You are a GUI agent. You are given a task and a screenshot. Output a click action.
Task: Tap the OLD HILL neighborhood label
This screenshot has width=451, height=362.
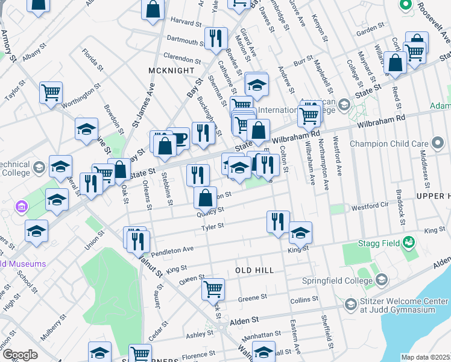(x=254, y=270)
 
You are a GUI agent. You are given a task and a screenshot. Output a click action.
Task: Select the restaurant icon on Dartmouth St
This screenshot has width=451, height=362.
(x=215, y=38)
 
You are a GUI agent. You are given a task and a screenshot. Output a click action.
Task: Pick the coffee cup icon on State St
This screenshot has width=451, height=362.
(x=178, y=138)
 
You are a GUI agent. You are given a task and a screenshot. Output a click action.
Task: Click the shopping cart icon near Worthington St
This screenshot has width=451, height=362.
(x=51, y=92)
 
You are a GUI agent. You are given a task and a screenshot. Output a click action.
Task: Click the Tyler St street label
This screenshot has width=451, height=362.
(x=213, y=227)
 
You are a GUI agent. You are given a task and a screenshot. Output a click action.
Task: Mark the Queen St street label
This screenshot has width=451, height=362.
(x=192, y=279)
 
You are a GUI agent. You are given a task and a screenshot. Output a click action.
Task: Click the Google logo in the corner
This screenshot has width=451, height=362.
(x=20, y=355)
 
